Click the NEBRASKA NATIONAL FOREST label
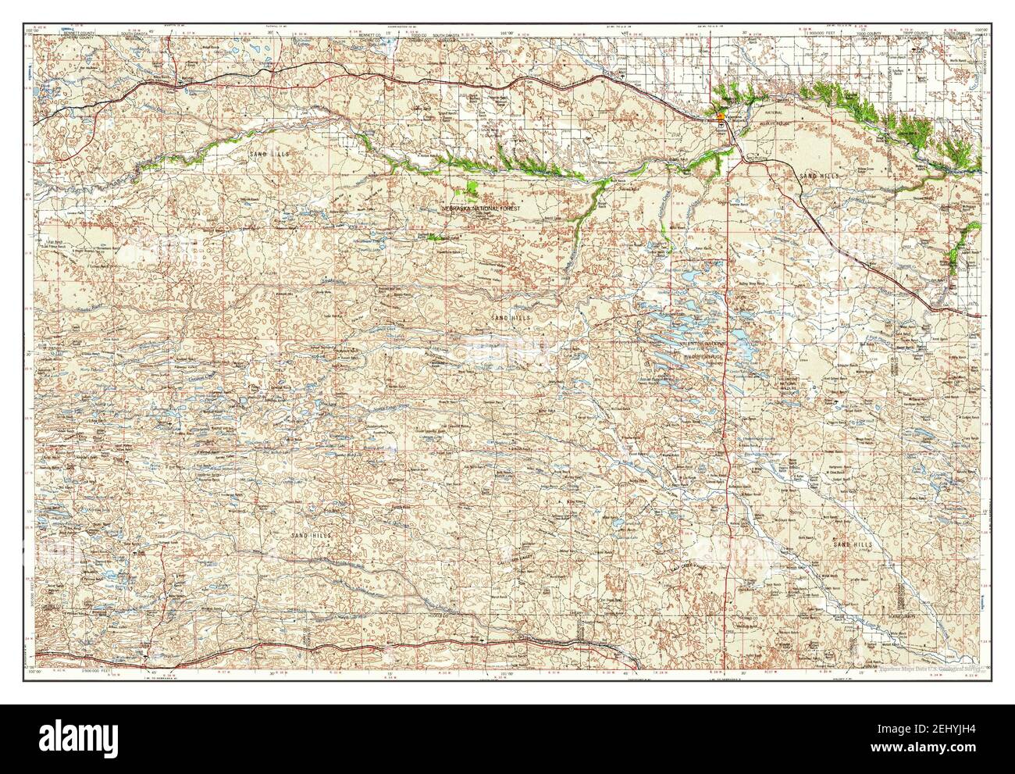tap(486, 210)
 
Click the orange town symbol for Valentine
tap(720, 118)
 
